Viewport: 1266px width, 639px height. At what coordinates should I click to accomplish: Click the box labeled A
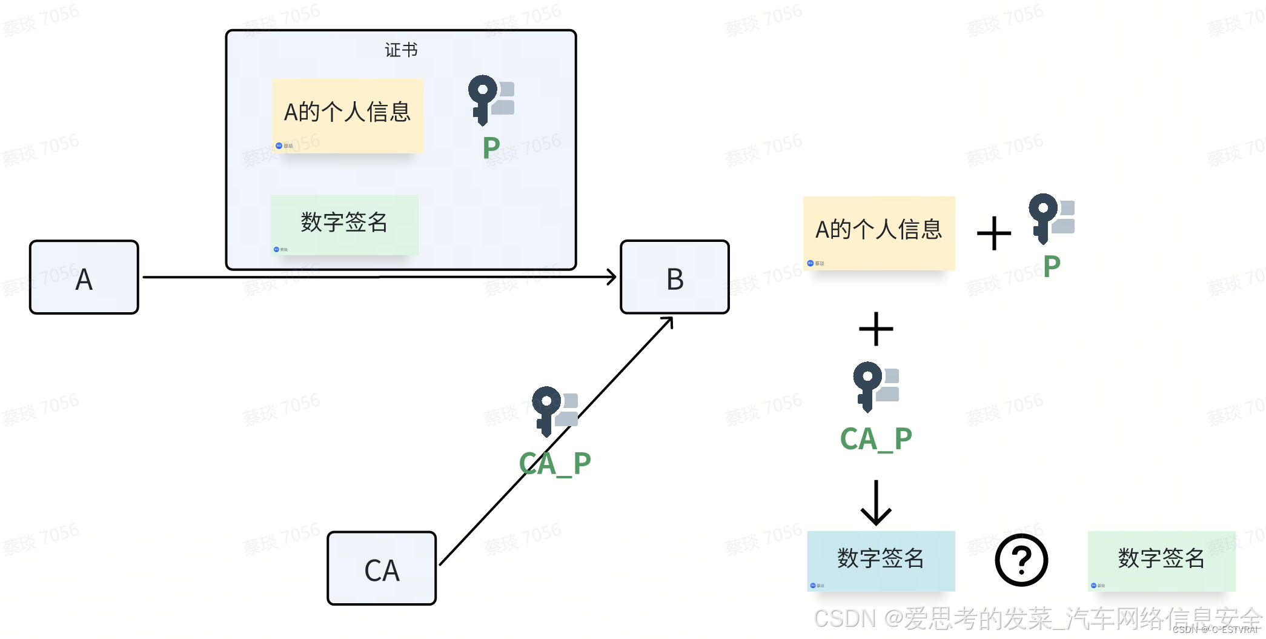click(84, 277)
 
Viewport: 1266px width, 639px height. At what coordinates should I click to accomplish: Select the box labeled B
click(675, 277)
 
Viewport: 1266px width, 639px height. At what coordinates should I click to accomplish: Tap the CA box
click(382, 568)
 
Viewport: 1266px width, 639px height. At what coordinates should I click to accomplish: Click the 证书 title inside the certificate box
click(401, 50)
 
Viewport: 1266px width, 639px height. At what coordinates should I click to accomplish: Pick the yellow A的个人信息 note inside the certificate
click(348, 115)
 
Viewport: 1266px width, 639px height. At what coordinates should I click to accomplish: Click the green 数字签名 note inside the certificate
click(345, 224)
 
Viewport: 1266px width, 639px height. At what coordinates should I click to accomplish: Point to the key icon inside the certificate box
click(490, 99)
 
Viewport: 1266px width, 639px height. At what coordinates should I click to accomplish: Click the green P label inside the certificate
click(491, 148)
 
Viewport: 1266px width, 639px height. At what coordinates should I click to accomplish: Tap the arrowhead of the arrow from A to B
click(612, 277)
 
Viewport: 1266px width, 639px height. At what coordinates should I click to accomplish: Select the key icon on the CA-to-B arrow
click(554, 410)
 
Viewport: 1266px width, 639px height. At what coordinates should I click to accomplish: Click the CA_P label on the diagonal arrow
click(555, 464)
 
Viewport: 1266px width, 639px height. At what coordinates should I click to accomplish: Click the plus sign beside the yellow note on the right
click(994, 233)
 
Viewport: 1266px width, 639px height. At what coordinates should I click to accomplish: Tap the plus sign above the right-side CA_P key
click(876, 329)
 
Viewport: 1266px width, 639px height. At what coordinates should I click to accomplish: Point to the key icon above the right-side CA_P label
click(875, 386)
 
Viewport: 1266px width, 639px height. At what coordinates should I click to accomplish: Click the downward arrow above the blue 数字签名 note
click(876, 503)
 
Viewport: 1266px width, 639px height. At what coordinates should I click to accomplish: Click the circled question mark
click(1021, 560)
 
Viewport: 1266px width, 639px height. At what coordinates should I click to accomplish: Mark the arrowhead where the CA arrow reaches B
click(669, 321)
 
